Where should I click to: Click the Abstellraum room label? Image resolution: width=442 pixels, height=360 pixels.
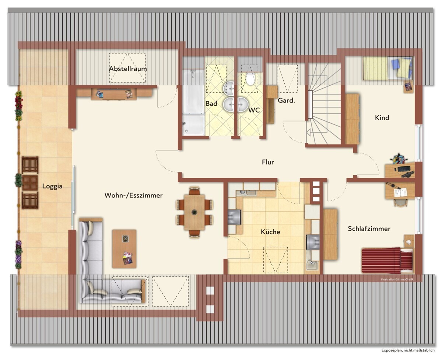(128, 68)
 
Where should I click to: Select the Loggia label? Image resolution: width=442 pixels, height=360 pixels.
(52, 186)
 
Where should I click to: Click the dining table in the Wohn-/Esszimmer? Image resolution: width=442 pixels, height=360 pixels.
(194, 212)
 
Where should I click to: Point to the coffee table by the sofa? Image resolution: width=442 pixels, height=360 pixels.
(124, 248)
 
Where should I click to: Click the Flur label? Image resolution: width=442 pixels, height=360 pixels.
(268, 162)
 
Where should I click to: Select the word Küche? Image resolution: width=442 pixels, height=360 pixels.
(270, 232)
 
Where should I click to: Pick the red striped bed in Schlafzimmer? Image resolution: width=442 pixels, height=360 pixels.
(387, 261)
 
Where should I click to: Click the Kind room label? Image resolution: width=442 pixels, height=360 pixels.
(382, 117)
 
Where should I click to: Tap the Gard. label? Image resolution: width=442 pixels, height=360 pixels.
(286, 100)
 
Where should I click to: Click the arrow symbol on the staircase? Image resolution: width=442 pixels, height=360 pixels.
(308, 132)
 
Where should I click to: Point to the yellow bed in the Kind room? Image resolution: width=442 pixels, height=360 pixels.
(387, 68)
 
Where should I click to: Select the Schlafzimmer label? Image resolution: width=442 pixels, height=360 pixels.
(369, 229)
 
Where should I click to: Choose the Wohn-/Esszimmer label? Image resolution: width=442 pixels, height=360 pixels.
(133, 195)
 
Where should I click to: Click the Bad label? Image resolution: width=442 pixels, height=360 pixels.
(211, 103)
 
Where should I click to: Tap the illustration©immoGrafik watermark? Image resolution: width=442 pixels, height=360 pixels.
(397, 279)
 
